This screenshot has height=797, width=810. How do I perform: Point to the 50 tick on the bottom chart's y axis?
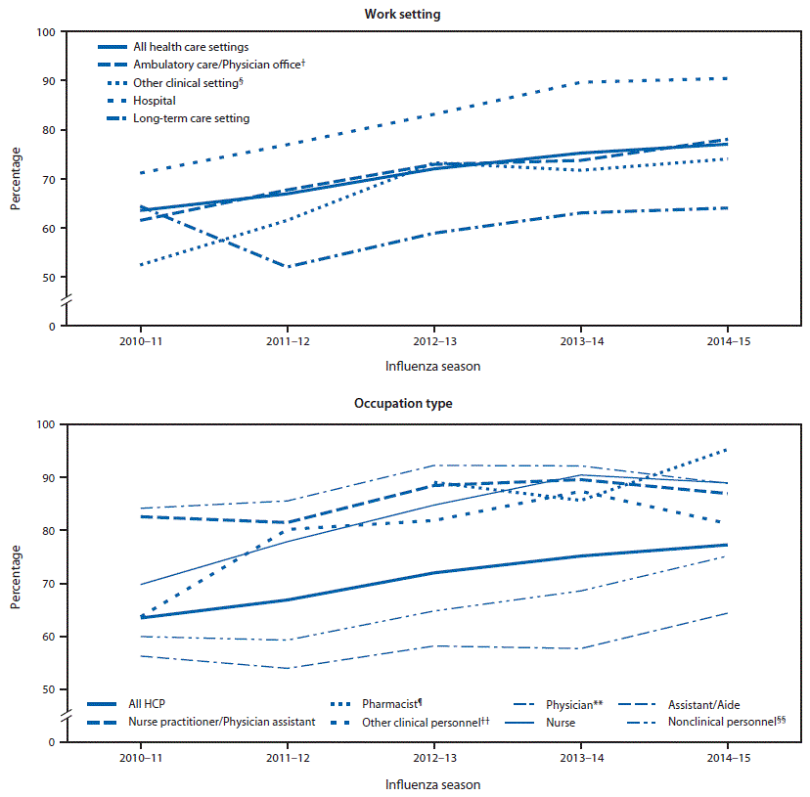tap(47, 689)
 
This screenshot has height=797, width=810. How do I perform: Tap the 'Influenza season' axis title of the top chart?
tap(431, 367)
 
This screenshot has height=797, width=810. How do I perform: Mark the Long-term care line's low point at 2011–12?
tap(287, 267)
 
